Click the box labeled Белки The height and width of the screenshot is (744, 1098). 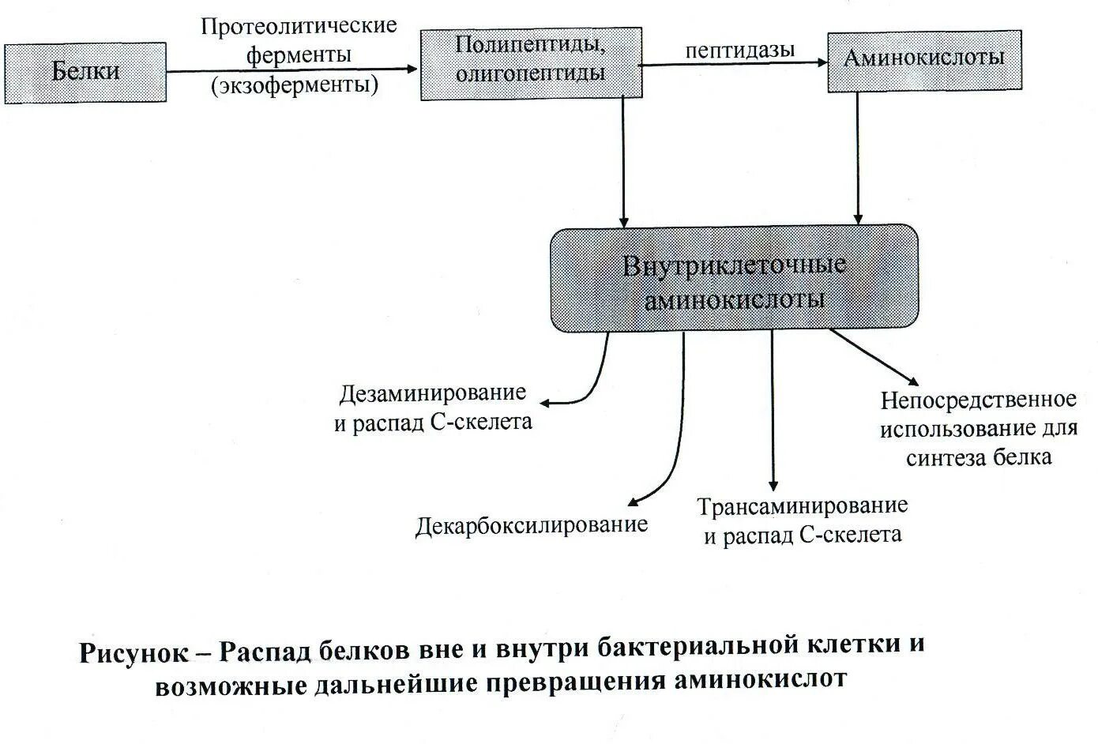(85, 73)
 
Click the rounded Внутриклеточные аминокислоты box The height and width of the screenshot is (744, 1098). (734, 279)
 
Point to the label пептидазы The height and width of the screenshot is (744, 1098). (739, 50)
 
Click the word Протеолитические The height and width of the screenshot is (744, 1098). (298, 26)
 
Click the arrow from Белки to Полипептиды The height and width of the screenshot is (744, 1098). (292, 70)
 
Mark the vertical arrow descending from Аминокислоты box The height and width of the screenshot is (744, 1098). (857, 158)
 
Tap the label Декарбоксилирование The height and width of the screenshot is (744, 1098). (531, 525)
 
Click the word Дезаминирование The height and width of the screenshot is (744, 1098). (433, 393)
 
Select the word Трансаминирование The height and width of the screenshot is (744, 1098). (802, 505)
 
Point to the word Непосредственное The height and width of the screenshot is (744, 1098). (978, 400)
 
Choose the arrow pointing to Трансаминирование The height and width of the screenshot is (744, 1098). (773, 411)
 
